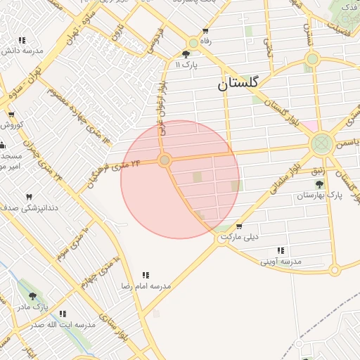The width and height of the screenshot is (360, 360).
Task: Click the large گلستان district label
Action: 238,84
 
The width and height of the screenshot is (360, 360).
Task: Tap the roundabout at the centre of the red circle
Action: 165,161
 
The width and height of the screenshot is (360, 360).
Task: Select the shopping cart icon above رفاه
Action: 205,31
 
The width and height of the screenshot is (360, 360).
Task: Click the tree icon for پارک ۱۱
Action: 186,54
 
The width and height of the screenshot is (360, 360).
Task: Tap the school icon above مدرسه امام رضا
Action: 146,275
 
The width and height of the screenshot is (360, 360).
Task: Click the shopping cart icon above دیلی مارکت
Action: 239,226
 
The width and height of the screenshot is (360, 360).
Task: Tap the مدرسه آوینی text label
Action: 281,262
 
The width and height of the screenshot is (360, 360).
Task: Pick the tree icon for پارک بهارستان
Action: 320,184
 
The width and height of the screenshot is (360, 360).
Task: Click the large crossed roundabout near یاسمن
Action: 322,144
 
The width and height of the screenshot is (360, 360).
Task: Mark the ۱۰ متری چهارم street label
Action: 99,268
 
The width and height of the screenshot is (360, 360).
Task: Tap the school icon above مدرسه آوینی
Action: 281,250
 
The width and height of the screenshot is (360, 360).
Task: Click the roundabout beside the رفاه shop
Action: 193,43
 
